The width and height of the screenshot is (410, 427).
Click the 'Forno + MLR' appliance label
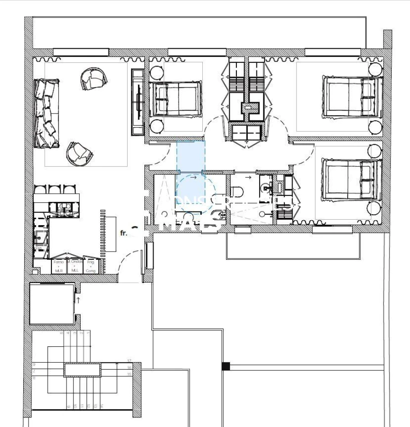pyautogui.click(x=59, y=266)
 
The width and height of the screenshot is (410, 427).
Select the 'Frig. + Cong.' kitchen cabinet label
pyautogui.click(x=91, y=266)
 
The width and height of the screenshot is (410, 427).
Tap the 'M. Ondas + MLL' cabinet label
pyautogui.click(x=75, y=266)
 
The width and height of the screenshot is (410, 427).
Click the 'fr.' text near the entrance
pyautogui.click(x=123, y=233)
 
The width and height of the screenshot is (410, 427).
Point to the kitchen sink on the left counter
pyautogui.click(x=41, y=237)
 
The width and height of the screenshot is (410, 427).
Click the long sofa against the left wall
pyautogui.click(x=46, y=113)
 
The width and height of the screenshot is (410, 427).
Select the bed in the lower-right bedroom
pyautogui.click(x=350, y=179)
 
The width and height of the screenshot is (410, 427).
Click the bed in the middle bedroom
pyautogui.click(x=175, y=99)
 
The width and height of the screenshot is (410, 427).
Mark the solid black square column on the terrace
pyautogui.click(x=226, y=366)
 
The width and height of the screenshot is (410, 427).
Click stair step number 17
pyautogui.click(x=129, y=361)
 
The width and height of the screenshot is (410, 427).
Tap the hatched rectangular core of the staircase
pyautogui.click(x=82, y=370)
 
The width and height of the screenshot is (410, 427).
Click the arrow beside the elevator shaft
pyautogui.click(x=78, y=299)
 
